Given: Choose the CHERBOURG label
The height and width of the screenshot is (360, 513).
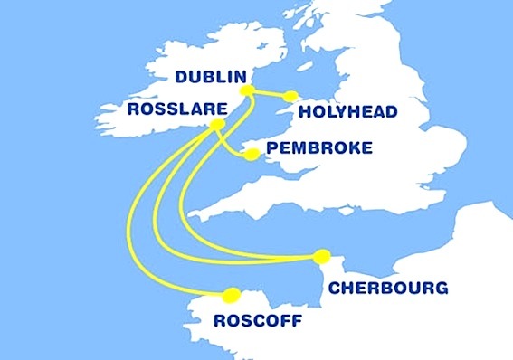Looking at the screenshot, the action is pos(387,289).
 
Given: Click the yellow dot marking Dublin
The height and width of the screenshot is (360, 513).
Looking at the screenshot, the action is pos(244,90).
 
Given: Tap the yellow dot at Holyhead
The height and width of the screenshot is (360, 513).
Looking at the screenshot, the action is pos(290,96).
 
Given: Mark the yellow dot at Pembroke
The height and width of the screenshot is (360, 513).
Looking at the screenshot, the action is pos(252,155).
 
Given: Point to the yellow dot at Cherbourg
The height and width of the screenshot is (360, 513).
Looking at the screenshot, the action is pos(323,257).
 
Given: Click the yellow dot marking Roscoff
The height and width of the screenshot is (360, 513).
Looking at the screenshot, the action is pos(232,294).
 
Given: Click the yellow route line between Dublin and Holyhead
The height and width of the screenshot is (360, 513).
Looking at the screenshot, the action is pos(268,93).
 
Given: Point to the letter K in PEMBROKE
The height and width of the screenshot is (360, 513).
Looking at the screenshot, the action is pos(347,148).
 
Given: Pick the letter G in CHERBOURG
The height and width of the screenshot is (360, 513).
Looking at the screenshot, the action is pos(441,289).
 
